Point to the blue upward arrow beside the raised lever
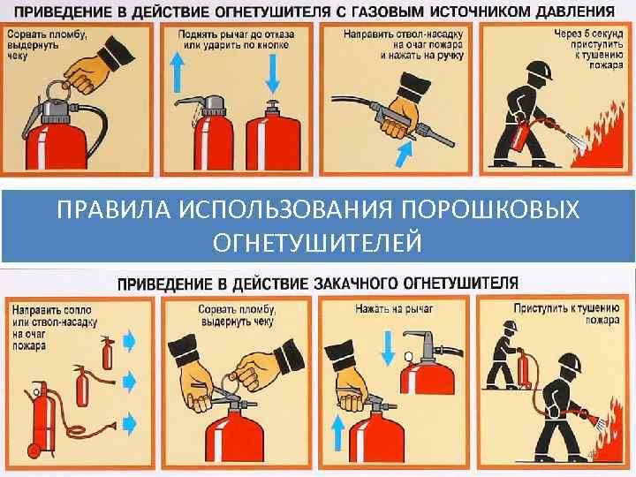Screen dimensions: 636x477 pyautogui.click(x=177, y=73)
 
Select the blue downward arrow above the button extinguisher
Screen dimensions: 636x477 pyautogui.click(x=273, y=74)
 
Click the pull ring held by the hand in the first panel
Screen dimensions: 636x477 pyautogui.click(x=57, y=89)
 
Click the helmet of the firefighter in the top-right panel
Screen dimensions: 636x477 pyautogui.click(x=541, y=71)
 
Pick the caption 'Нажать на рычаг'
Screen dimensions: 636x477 pyautogui.click(x=394, y=309)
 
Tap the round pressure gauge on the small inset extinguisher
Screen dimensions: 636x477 pyautogui.click(x=408, y=357)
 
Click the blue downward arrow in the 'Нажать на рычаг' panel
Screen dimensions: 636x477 pyautogui.click(x=388, y=348)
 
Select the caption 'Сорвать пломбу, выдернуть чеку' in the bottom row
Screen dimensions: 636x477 pyautogui.click(x=237, y=316)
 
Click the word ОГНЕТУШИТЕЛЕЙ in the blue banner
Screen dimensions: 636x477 pyautogui.click(x=318, y=242)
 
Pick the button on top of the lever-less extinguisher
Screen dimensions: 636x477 pyautogui.click(x=273, y=105)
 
